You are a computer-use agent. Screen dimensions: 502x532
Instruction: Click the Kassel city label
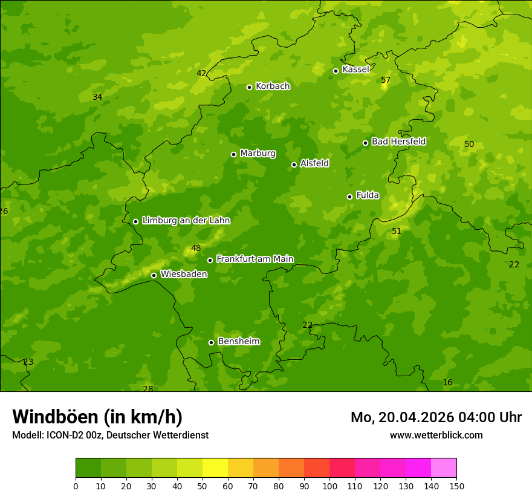pyautogui.click(x=355, y=70)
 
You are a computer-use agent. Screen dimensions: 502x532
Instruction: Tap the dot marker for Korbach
pyautogui.click(x=249, y=87)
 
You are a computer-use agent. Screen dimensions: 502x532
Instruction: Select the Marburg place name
pyautogui.click(x=258, y=154)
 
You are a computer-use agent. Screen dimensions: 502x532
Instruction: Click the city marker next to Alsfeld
pyautogui.click(x=294, y=165)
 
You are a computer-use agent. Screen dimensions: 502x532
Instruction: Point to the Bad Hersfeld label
pyautogui.click(x=398, y=142)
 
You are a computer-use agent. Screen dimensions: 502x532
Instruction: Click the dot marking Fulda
pyautogui.click(x=349, y=197)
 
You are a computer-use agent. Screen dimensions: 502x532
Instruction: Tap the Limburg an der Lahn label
pyautogui.click(x=186, y=221)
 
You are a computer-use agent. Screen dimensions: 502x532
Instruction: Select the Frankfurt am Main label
pyautogui.click(x=255, y=259)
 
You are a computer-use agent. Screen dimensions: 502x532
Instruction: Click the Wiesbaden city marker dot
pyautogui.click(x=154, y=275)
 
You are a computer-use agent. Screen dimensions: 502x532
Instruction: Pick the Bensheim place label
pyautogui.click(x=238, y=341)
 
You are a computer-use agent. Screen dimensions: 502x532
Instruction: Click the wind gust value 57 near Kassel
pyautogui.click(x=386, y=80)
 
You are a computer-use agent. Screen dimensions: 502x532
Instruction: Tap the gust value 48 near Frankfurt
pyautogui.click(x=196, y=248)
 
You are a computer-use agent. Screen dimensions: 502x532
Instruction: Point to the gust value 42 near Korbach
pyautogui.click(x=201, y=73)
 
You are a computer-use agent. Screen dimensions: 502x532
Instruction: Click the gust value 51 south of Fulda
pyautogui.click(x=397, y=231)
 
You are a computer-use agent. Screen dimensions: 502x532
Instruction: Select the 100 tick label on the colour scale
pyautogui.click(x=329, y=486)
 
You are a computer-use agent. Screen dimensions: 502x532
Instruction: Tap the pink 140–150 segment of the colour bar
pyautogui.click(x=444, y=468)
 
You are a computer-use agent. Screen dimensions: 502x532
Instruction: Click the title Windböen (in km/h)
pyautogui.click(x=97, y=417)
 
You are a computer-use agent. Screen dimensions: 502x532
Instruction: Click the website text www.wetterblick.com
pyautogui.click(x=436, y=435)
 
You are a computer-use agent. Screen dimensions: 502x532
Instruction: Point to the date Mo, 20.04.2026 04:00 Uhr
pyautogui.click(x=436, y=417)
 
